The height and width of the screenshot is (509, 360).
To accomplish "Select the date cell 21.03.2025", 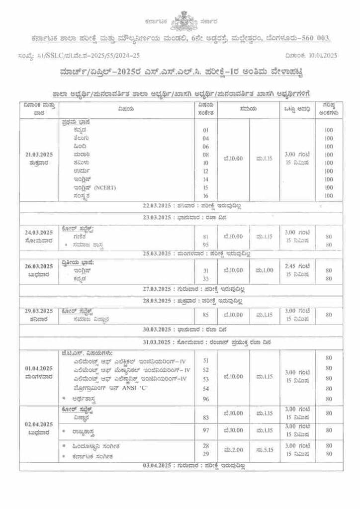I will pos(39,155).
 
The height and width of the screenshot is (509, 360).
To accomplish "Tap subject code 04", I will pos(206,138).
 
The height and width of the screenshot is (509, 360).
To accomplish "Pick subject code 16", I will pos(206,195).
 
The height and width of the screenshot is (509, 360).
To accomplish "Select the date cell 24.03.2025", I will pos(39,233).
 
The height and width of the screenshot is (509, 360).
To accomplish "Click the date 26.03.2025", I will pos(39,266).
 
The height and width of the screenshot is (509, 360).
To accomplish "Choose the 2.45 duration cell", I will pos(297,266).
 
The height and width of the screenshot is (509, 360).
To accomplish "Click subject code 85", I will pos(206,314).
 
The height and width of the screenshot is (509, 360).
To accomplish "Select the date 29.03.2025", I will pos(39,311).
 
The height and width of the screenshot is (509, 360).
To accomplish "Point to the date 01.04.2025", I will pos(39,368).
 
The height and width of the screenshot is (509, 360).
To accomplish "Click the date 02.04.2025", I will pos(39,424).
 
